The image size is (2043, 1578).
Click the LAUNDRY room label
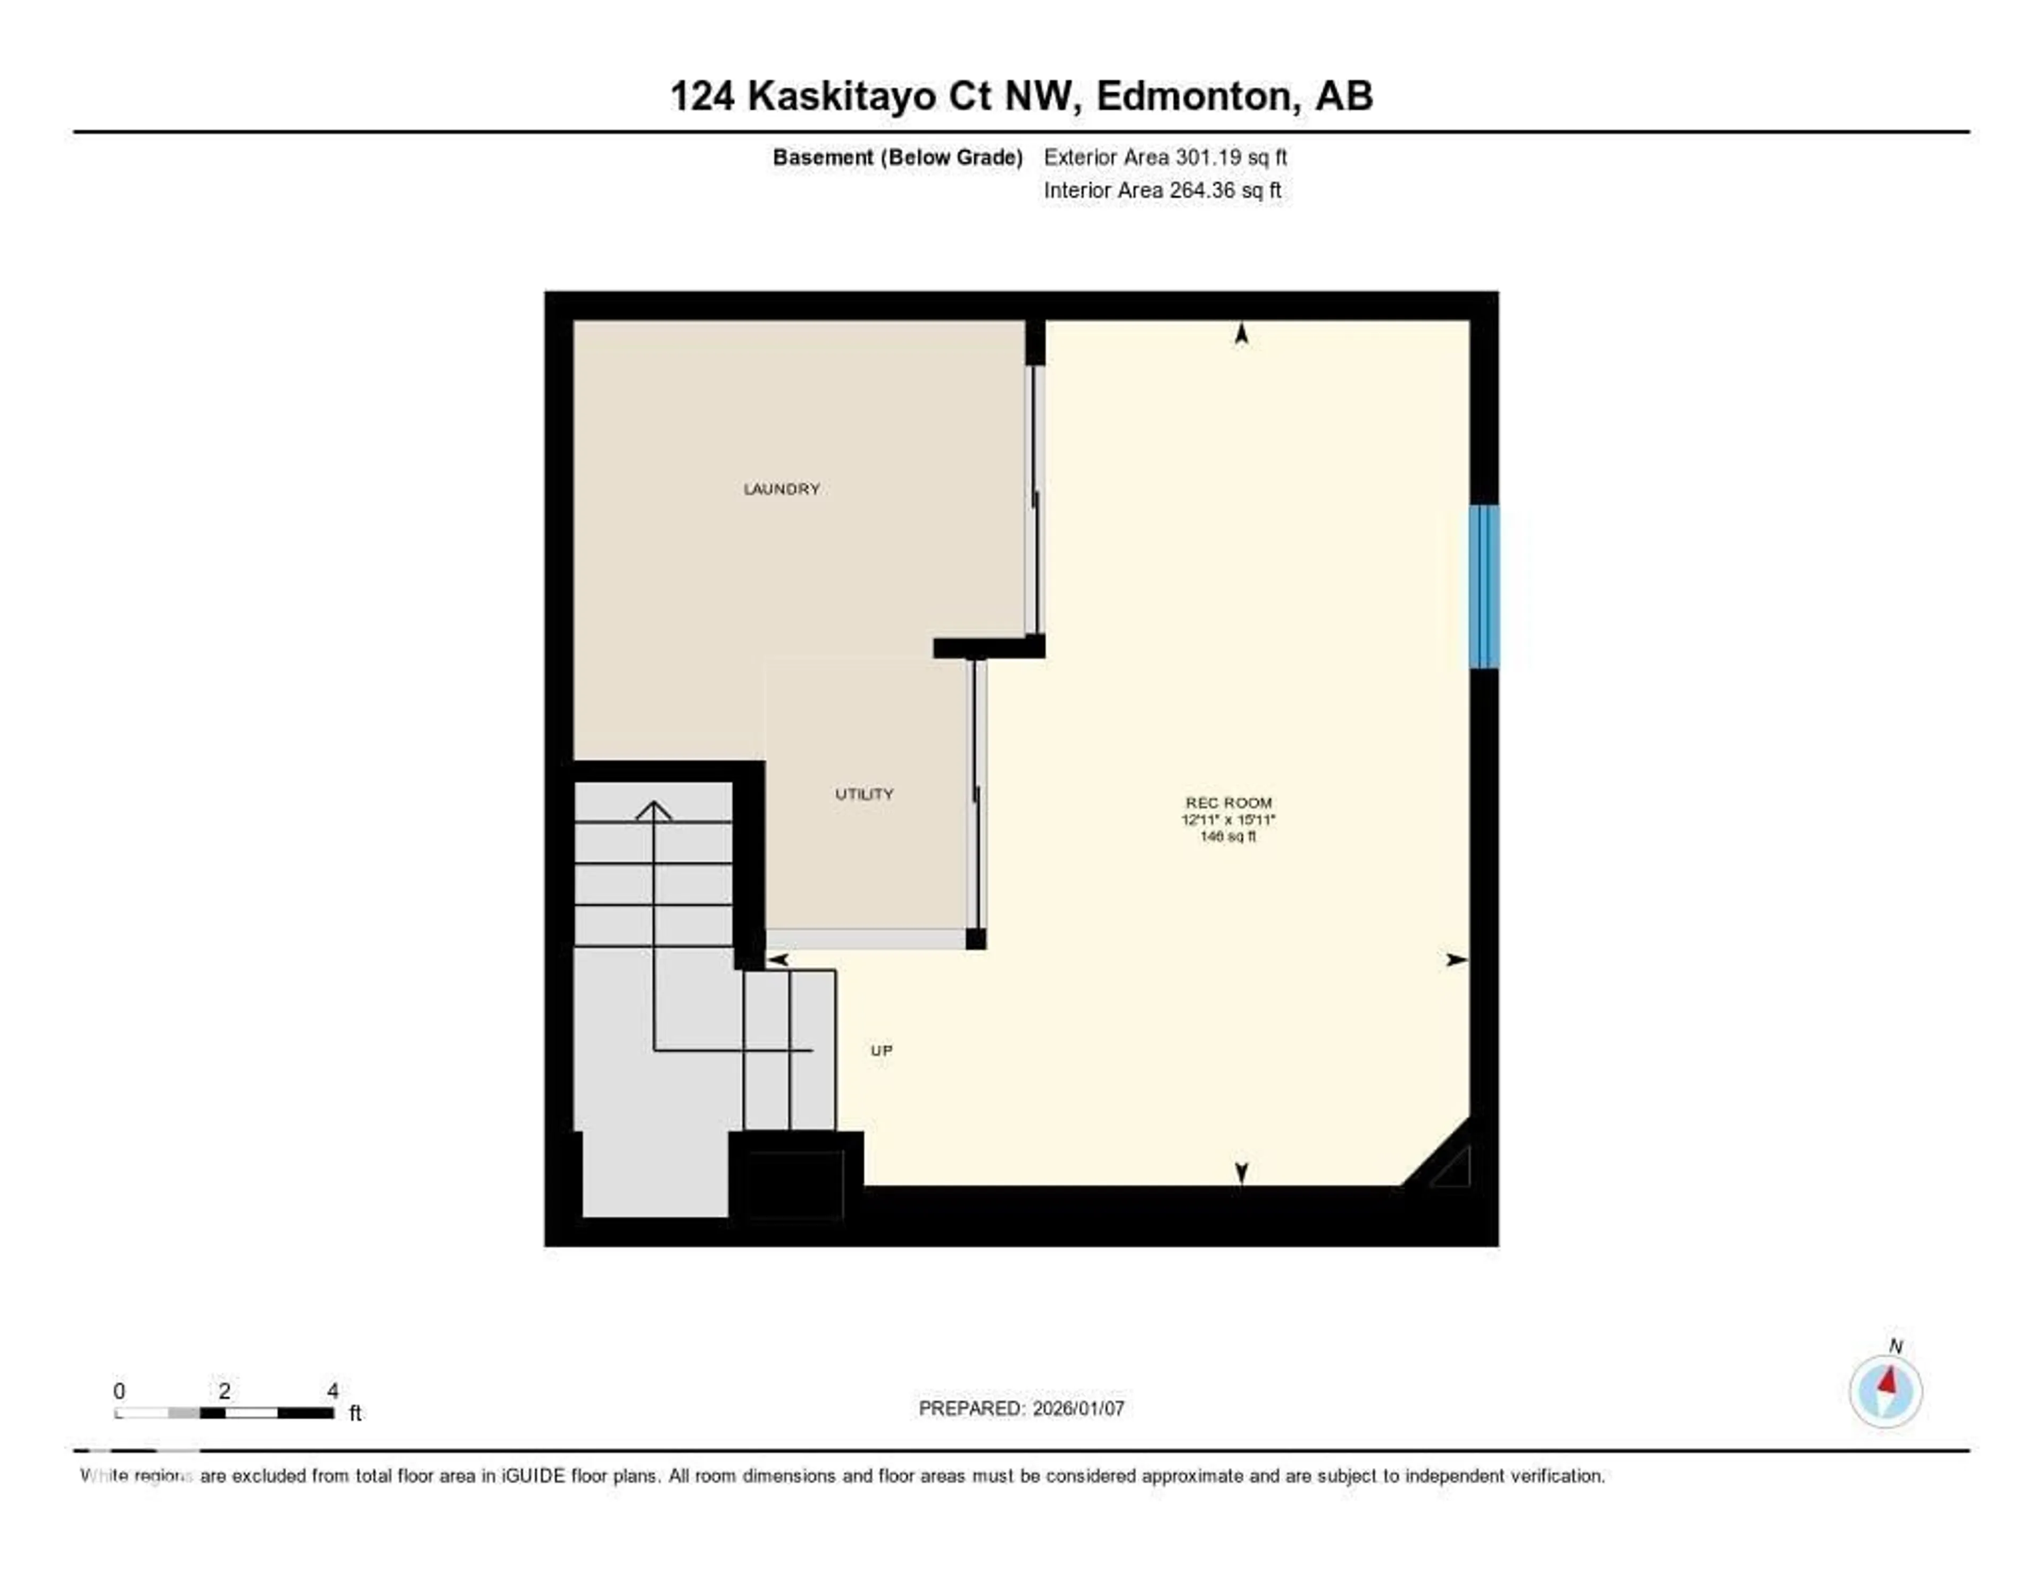coord(781,489)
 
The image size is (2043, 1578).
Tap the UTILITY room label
coord(863,794)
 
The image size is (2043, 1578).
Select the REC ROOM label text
coord(1228,802)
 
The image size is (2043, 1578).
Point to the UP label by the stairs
coord(881,1050)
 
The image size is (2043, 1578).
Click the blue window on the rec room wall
coord(1484,586)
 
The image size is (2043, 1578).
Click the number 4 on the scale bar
coord(333,1391)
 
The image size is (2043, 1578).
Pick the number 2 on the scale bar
coord(225,1391)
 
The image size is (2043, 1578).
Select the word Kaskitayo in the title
coord(841,96)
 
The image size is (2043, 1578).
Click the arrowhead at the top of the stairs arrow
coord(653,810)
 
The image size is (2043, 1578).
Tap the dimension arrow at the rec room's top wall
coord(1241,334)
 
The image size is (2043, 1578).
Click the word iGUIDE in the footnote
coord(533,1476)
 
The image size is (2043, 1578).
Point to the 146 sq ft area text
coord(1228,836)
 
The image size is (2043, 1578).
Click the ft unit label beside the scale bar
coord(355,1414)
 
